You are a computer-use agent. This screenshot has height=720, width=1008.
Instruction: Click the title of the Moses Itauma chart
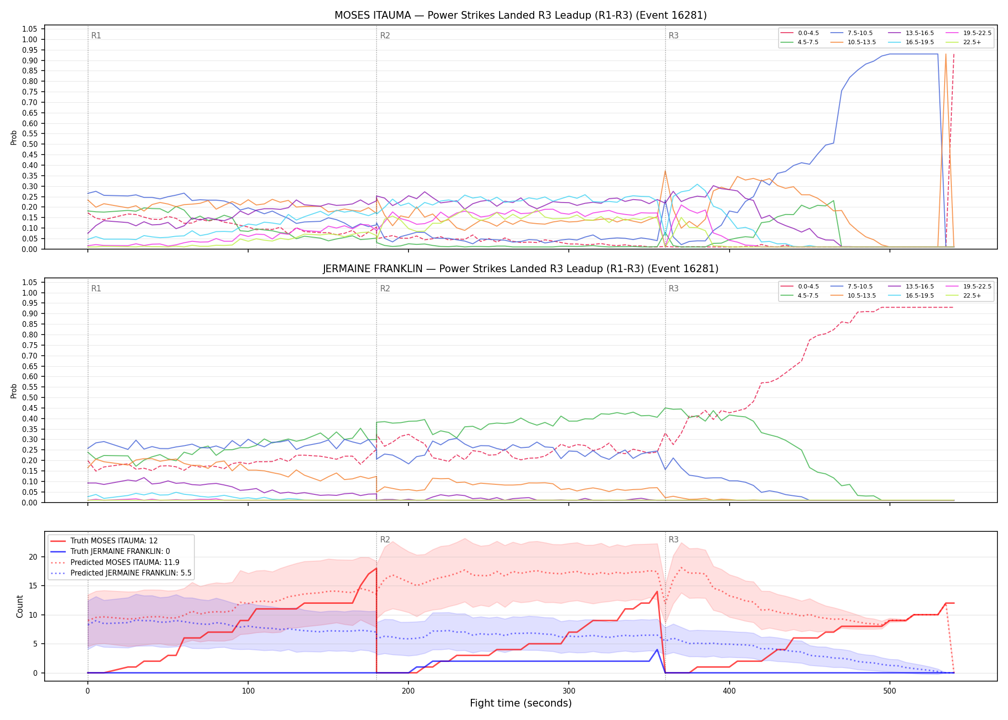pyautogui.click(x=520, y=15)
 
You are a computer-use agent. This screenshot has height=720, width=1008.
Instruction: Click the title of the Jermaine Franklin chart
pyautogui.click(x=520, y=269)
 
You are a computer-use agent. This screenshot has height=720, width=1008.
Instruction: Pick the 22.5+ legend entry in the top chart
pyautogui.click(x=963, y=42)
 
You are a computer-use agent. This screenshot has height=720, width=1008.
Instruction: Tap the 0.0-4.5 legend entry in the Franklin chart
pyautogui.click(x=800, y=287)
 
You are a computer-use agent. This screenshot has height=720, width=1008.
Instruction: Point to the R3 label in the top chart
pyautogui.click(x=673, y=36)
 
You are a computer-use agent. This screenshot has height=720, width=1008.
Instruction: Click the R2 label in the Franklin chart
pyautogui.click(x=385, y=288)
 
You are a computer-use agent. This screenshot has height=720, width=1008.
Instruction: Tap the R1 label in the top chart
pyautogui.click(x=96, y=36)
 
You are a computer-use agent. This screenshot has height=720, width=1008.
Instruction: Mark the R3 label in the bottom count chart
pyautogui.click(x=673, y=540)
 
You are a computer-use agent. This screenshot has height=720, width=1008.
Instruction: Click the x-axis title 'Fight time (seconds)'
pyautogui.click(x=521, y=703)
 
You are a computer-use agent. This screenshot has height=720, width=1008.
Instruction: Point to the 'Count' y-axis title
pyautogui.click(x=20, y=606)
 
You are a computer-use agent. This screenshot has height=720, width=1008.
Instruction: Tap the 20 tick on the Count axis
pyautogui.click(x=33, y=557)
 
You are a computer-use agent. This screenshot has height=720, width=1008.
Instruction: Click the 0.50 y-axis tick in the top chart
pyautogui.click(x=30, y=144)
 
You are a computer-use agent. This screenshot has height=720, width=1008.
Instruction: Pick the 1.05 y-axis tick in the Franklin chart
pyautogui.click(x=30, y=282)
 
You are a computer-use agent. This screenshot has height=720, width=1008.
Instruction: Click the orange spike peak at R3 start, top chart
pyautogui.click(x=665, y=171)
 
